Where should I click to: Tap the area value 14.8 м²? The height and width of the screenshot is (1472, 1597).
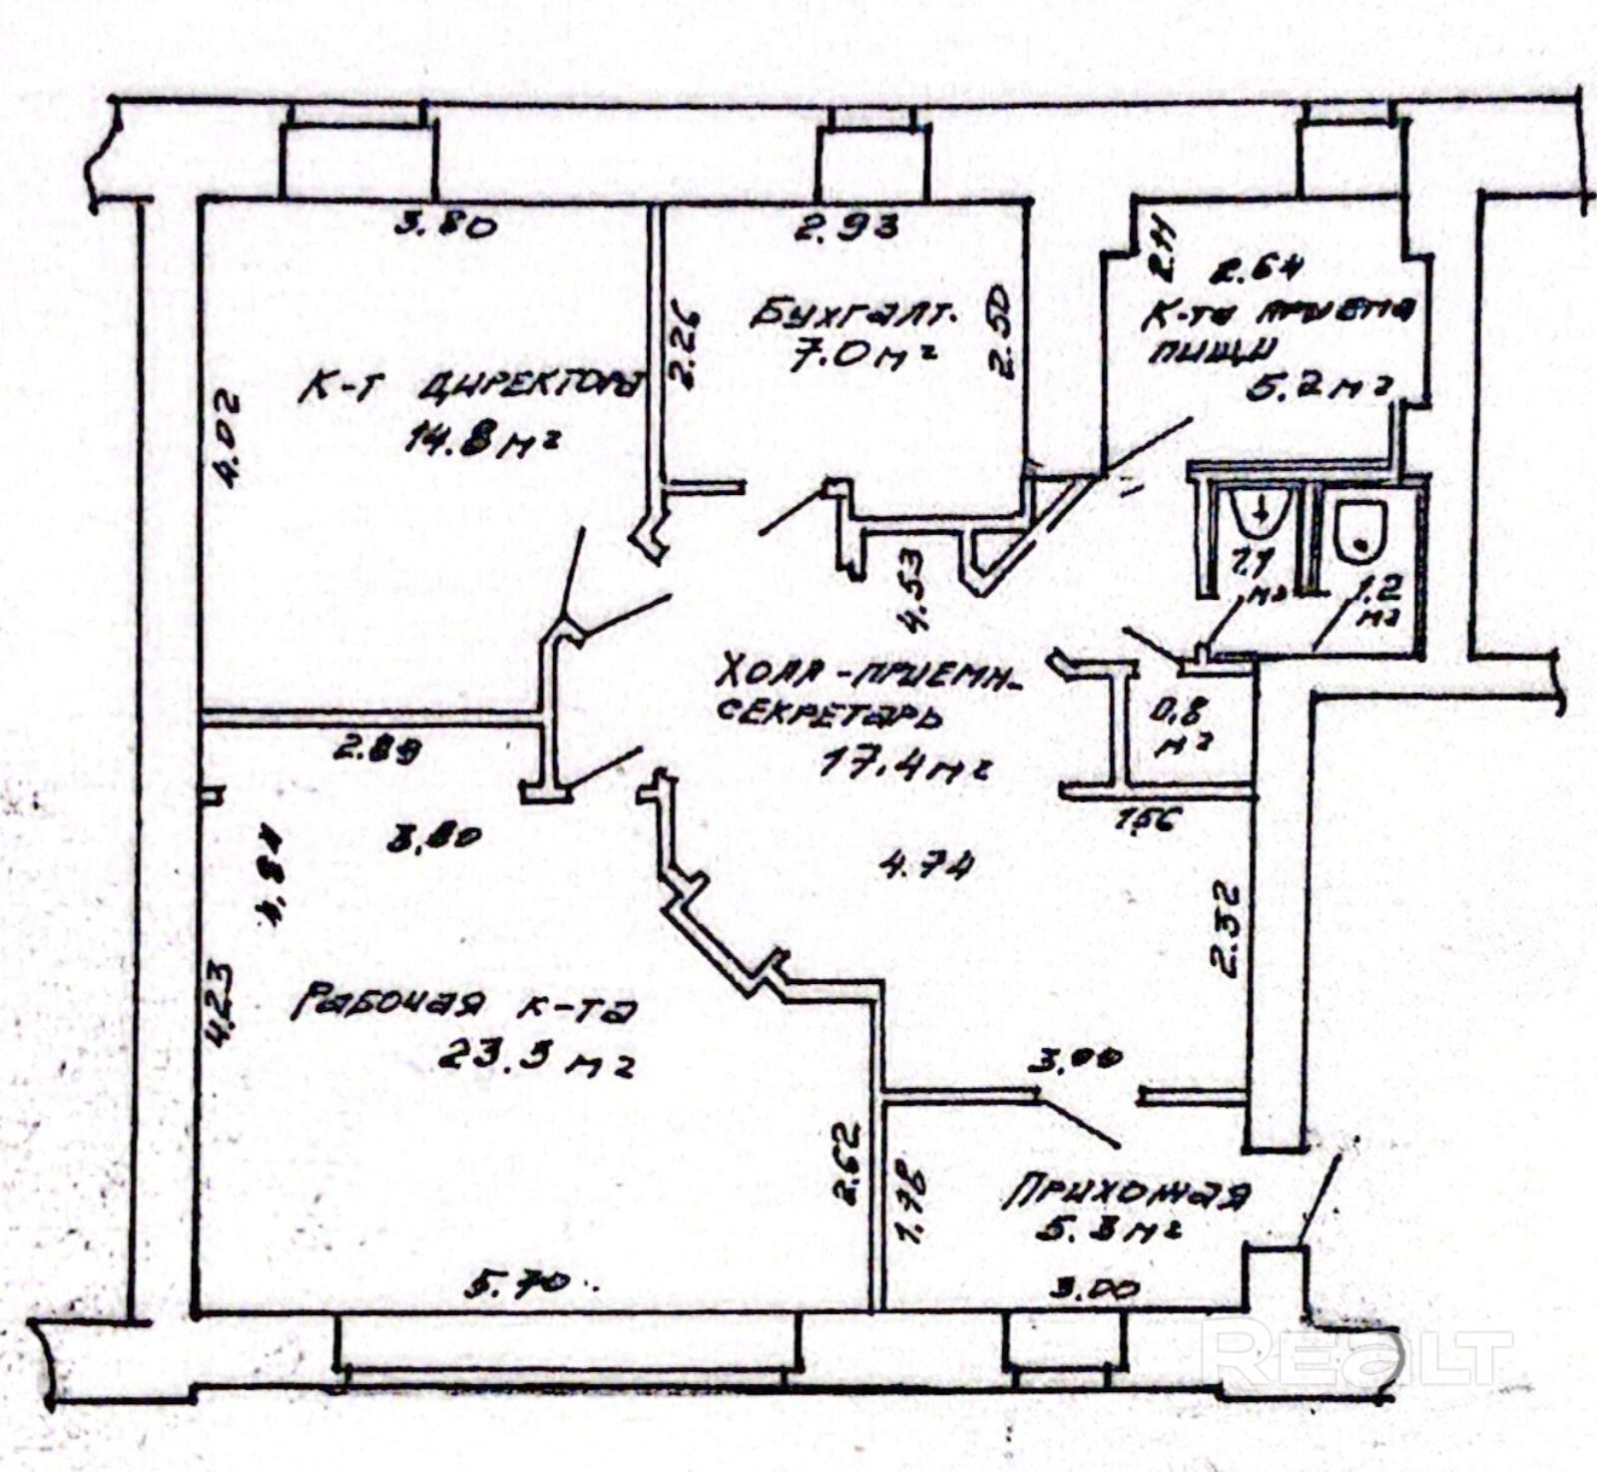pos(479,441)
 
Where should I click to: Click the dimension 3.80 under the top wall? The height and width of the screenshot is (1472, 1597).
pos(445,225)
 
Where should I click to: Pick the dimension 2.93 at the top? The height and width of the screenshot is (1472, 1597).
pos(846,227)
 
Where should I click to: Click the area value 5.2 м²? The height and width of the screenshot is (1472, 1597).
pos(1318,387)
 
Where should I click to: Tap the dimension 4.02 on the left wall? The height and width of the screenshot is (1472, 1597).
pos(229,439)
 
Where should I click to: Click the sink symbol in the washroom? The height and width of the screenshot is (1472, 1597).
pos(1261,513)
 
